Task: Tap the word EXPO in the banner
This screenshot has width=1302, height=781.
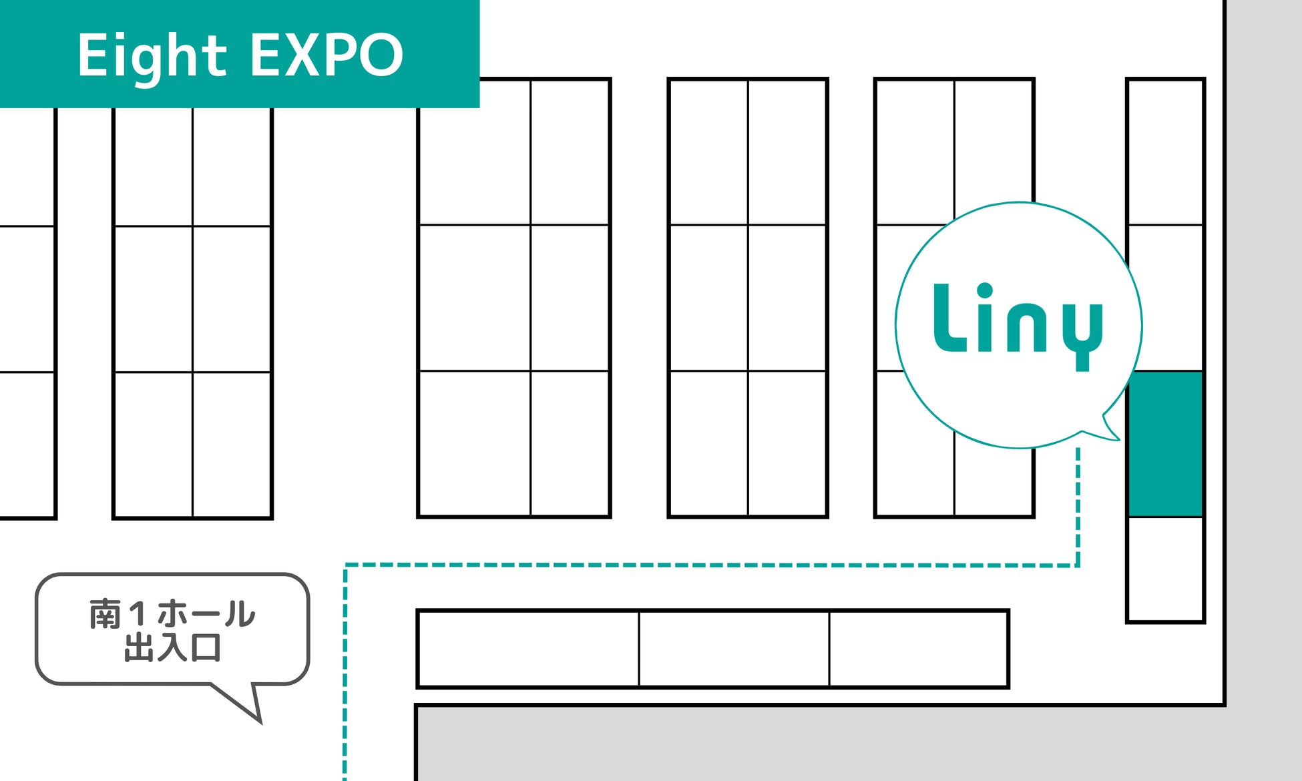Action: click(327, 55)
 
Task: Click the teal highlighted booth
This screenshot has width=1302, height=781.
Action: click(1165, 444)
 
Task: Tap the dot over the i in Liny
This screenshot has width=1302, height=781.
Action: click(985, 291)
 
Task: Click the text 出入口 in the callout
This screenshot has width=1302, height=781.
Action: click(172, 647)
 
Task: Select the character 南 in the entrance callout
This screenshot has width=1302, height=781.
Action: click(105, 614)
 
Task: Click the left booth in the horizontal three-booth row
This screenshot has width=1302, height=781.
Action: click(527, 648)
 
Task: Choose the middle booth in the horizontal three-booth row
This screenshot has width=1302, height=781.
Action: click(734, 648)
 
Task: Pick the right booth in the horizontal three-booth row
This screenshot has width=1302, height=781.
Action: click(918, 648)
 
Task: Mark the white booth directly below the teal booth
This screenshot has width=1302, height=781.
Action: click(1165, 569)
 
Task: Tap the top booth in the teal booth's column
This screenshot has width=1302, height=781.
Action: click(1165, 152)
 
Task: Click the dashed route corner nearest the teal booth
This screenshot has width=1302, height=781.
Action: click(1078, 565)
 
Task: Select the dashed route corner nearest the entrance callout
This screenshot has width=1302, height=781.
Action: click(345, 565)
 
